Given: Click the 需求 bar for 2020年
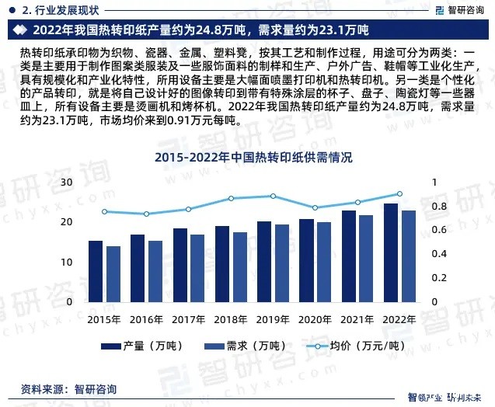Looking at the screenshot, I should tap(323, 262).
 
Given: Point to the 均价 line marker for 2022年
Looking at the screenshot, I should tap(399, 194).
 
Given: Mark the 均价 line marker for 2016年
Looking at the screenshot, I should tap(147, 214).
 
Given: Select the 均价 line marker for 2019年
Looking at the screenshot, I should tap(273, 196).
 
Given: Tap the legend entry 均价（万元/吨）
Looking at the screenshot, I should tap(342, 346).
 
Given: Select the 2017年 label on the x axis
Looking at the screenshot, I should tap(188, 319).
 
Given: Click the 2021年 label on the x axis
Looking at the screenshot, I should tap(357, 319).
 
